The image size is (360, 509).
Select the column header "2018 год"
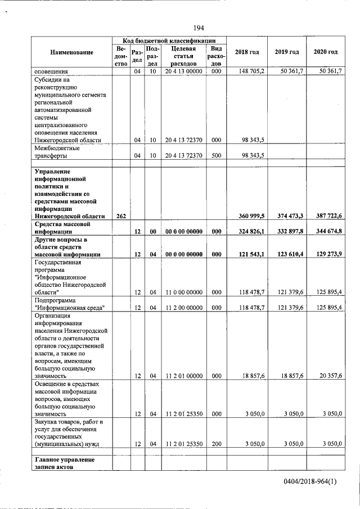[x=246, y=52]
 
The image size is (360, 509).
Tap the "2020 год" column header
[x=325, y=52]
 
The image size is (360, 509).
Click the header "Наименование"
[x=71, y=52]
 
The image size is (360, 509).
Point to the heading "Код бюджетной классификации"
[x=169, y=41]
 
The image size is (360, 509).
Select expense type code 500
[x=216, y=155]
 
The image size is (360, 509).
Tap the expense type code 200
[x=216, y=444]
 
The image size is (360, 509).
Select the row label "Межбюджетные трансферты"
[x=57, y=152]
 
